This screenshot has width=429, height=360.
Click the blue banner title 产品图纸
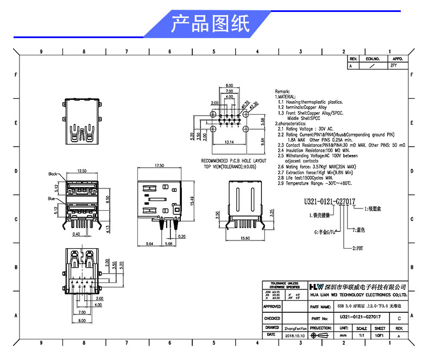tap(210, 24)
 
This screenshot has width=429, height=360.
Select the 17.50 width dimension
tap(160, 165)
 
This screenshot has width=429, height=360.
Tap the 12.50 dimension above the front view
tap(82, 171)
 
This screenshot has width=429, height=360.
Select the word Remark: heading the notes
tap(283, 91)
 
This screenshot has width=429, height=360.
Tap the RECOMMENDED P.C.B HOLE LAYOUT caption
tap(234, 161)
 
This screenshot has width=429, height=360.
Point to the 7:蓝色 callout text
tap(359, 230)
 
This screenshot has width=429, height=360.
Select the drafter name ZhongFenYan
tap(295, 329)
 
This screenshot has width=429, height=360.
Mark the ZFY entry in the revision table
tap(394, 65)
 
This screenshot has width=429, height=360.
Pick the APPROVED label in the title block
tap(272, 307)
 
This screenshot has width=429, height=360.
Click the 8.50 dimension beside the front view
tap(108, 200)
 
